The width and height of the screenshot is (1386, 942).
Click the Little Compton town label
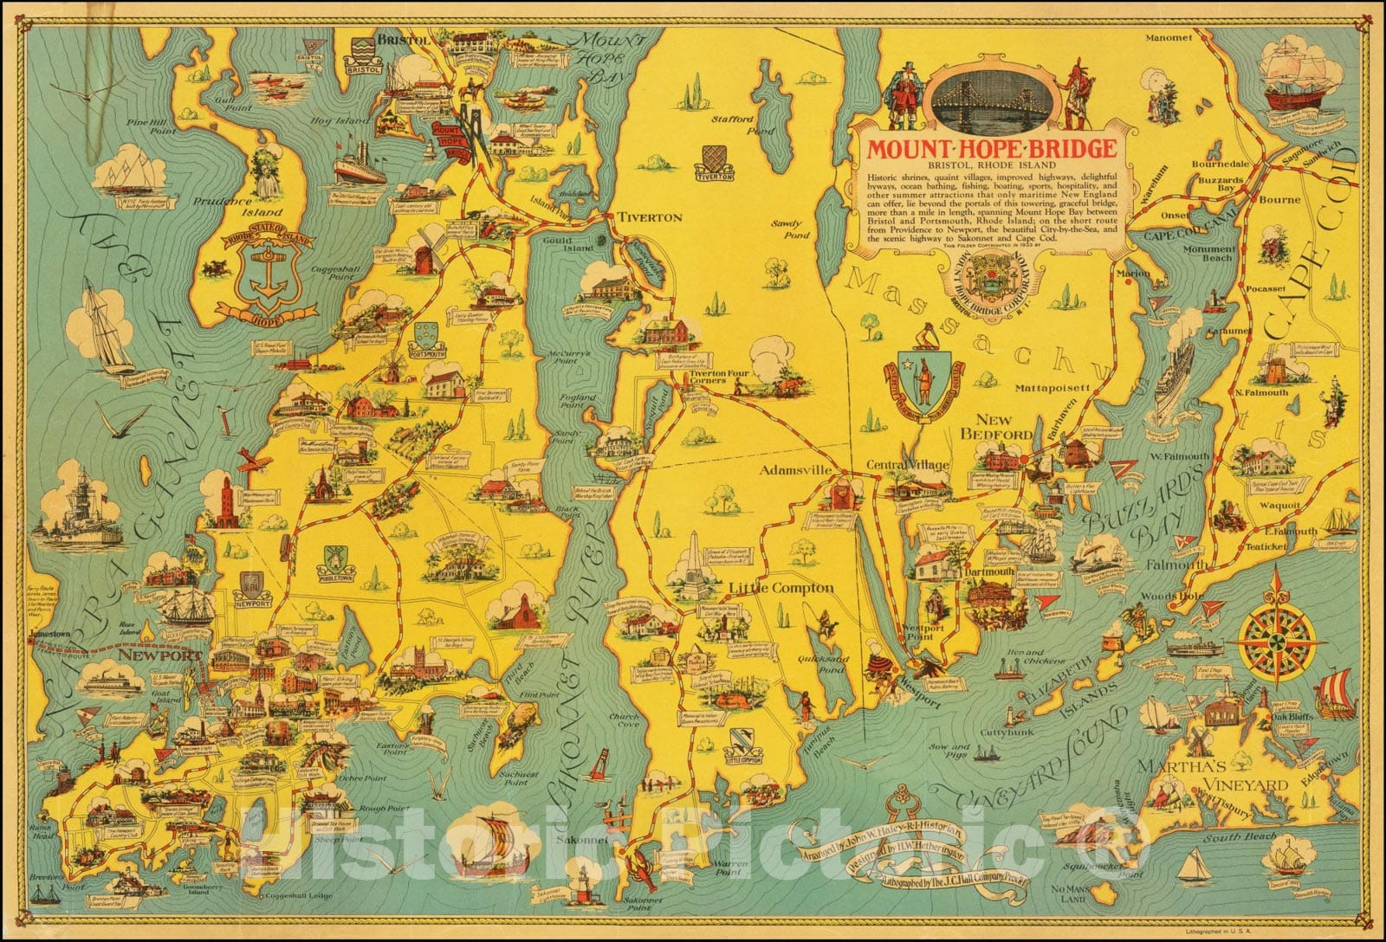point(780,589)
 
